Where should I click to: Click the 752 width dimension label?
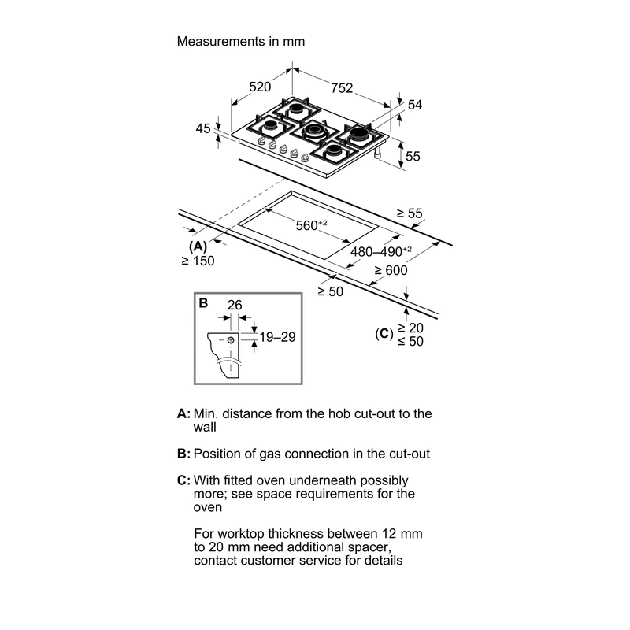point(342,88)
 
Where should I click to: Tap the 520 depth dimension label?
point(260,87)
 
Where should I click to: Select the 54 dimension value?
point(415,105)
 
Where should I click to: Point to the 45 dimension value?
point(203,128)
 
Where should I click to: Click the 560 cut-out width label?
point(311,224)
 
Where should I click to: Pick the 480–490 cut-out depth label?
point(381,251)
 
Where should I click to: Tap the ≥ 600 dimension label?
point(391,270)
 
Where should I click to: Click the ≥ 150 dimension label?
point(198,261)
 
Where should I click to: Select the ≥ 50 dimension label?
point(331,291)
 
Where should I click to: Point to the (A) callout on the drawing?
point(198,246)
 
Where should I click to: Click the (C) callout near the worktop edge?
point(384,334)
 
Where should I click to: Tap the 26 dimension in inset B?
point(235,305)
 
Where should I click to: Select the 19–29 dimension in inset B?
point(277,337)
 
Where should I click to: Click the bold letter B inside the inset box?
point(203,303)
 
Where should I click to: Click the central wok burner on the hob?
point(314,132)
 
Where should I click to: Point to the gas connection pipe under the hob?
point(378,153)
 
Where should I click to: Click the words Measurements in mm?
point(241,42)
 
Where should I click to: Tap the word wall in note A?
point(205,427)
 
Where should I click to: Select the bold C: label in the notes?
point(183,480)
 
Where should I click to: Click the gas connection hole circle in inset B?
point(231,340)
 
